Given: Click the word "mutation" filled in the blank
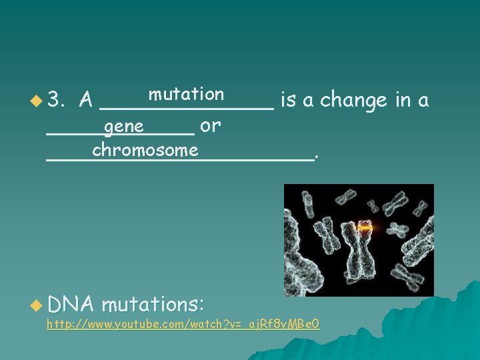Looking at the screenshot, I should (186, 94).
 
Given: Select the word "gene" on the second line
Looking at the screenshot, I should (124, 125).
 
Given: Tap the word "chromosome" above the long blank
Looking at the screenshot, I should (145, 150).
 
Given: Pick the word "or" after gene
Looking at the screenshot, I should (211, 125).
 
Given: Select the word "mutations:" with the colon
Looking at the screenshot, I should (153, 304).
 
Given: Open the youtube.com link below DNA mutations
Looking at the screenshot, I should (183, 325).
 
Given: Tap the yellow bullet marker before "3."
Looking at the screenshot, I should (35, 101).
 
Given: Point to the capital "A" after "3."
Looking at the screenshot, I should (85, 101).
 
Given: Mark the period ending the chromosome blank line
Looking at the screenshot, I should (316, 157).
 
